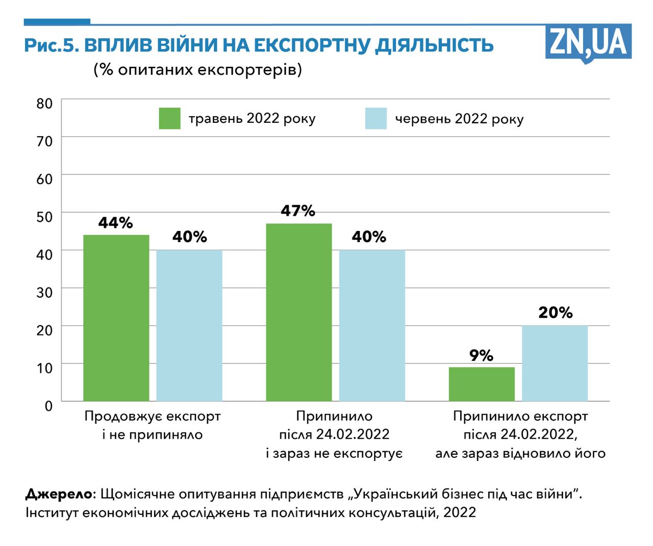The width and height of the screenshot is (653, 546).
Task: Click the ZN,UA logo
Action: (588, 43)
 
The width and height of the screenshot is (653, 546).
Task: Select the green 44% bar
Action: (116, 318)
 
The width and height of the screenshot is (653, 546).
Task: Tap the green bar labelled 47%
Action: (299, 312)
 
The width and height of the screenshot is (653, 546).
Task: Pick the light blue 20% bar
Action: (555, 363)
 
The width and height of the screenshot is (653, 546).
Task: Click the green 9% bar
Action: (482, 384)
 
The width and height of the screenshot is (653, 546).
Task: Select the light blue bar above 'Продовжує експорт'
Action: (189, 325)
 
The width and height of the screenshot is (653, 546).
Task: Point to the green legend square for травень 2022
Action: (169, 118)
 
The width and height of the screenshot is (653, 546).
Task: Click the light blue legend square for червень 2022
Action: (376, 118)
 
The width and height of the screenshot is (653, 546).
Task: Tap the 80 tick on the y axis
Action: (44, 103)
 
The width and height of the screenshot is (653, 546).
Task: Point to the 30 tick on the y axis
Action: (44, 292)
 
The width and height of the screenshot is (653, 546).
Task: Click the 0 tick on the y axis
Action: (48, 406)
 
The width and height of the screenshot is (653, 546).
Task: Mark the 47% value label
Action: (298, 211)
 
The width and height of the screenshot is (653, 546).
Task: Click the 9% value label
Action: (481, 355)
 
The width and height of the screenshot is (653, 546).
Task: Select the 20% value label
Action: (555, 313)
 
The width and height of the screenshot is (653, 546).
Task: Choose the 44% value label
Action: (116, 223)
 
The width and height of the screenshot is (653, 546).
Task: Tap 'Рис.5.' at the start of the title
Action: (51, 45)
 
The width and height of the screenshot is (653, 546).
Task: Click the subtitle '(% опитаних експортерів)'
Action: (197, 69)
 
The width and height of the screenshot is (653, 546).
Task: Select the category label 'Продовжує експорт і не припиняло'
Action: (153, 425)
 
